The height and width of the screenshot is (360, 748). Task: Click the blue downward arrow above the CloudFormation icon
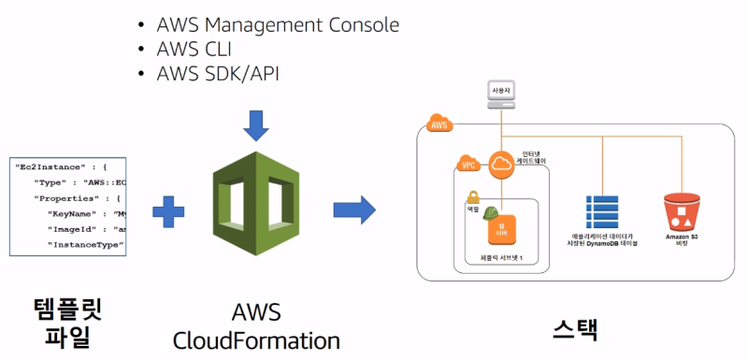pyautogui.click(x=255, y=122)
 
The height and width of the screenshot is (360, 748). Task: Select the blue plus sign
pyautogui.click(x=168, y=212)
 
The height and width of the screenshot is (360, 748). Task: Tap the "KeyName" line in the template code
pyautogui.click(x=84, y=213)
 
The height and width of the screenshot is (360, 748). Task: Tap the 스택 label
pyautogui.click(x=574, y=328)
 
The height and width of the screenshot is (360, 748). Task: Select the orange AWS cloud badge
pyautogui.click(x=439, y=122)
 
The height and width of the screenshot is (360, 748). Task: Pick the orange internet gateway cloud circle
pyautogui.click(x=502, y=163)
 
